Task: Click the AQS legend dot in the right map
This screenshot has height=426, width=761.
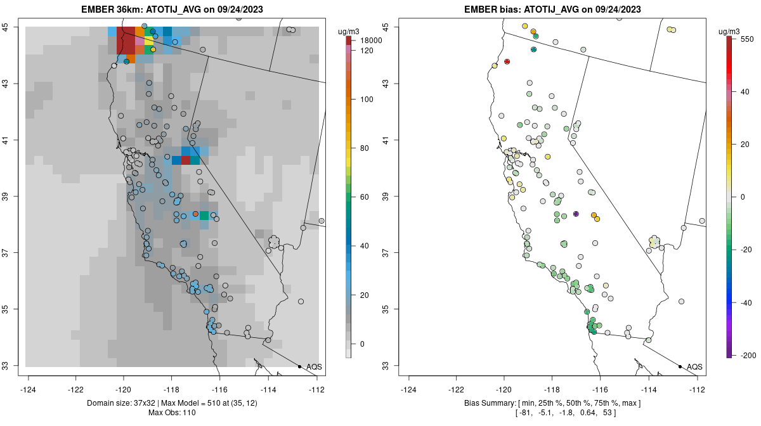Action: click(x=680, y=366)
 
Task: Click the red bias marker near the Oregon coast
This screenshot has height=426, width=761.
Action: click(x=507, y=61)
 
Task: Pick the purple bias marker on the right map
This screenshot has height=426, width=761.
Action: click(x=576, y=214)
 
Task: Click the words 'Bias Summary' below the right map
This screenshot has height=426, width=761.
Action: click(x=490, y=403)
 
